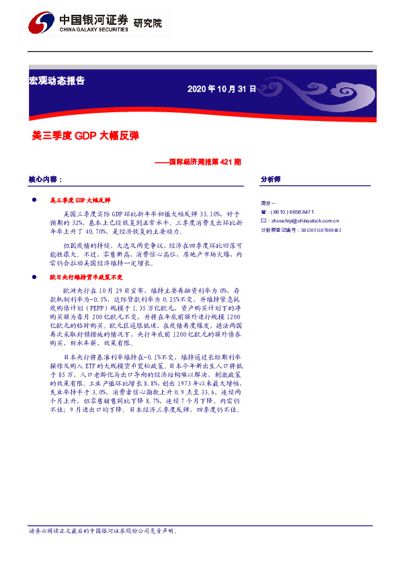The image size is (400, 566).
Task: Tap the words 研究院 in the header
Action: point(149,24)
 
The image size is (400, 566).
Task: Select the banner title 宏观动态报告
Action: point(56,81)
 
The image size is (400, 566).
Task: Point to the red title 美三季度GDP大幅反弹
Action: point(85,134)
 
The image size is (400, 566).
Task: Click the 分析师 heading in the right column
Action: point(270,179)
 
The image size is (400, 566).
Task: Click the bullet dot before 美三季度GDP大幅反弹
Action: point(34,200)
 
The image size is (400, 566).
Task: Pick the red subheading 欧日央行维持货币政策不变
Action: point(84,277)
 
